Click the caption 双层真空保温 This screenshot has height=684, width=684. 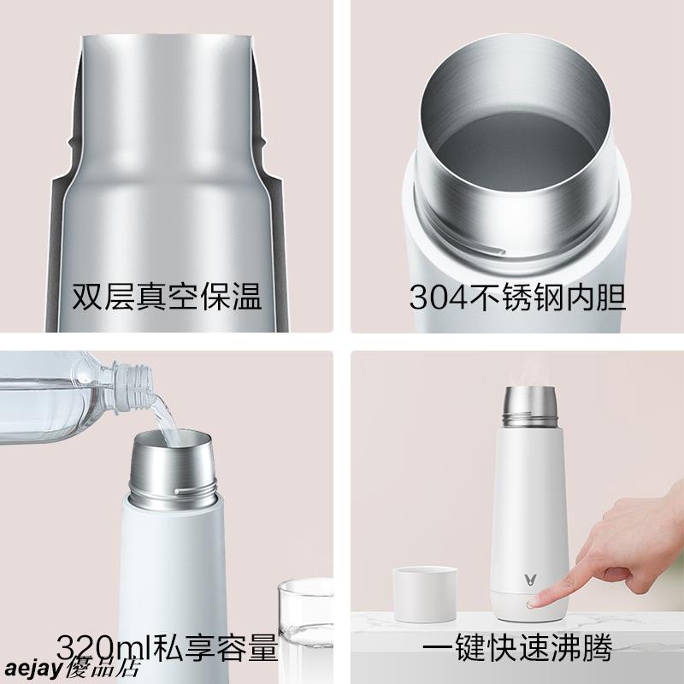167,297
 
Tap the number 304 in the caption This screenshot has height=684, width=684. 438,298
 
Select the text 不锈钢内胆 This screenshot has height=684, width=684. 546,297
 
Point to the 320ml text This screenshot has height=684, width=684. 103,647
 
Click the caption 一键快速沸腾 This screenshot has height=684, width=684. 517,647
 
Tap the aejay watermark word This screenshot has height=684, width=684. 33,669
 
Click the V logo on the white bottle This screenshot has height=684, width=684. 530,581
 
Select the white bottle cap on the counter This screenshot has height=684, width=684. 424,593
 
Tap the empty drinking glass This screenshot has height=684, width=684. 305,628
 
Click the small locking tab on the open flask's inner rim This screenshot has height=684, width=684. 493,250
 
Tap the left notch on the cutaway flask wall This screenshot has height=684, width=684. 70,142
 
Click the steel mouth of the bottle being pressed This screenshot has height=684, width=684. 530,406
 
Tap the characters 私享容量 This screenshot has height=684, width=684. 215,647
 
